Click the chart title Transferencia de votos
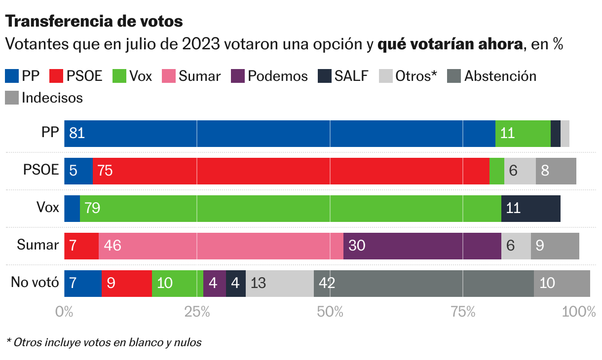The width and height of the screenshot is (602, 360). pos(94,21)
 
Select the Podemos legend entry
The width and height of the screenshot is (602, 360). pos(269,76)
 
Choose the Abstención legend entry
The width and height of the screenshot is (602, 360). pos(491,76)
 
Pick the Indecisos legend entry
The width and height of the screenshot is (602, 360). pos(44,98)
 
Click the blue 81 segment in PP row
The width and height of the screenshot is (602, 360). pos(279,133)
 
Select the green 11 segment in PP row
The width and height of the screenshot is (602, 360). pos(523,133)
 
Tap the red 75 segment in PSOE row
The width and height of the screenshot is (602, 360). pos(291,171)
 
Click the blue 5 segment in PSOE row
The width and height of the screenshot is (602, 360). pos(78,171)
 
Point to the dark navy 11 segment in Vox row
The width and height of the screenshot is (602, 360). pos(530,208)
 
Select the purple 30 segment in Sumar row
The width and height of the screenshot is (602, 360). pos(422,246)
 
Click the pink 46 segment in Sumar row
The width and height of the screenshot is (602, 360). pos(221,246)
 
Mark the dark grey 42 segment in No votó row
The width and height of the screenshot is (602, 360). pos(423,284)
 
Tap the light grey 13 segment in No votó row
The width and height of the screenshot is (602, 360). pos(279,284)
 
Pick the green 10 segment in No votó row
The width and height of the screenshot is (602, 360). pos(177,284)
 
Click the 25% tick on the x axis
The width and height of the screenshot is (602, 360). pos(197,312)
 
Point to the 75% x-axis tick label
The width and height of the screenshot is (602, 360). pos(463,312)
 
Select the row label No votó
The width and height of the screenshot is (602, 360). pos(35,283)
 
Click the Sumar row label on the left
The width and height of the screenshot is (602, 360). pos(38,245)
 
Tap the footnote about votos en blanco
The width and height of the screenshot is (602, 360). pos(104,342)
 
